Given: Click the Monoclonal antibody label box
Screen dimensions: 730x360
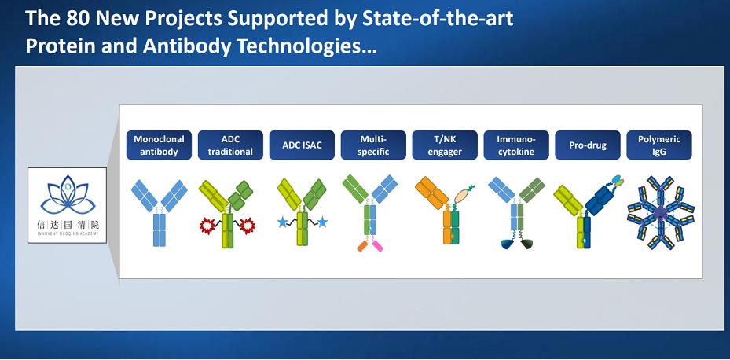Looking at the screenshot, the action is (x=159, y=145).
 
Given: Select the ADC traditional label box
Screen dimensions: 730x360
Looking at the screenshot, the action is (x=230, y=145).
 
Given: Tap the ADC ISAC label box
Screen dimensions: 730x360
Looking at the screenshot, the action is (x=302, y=145).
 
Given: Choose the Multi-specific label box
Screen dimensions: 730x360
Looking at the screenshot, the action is (x=373, y=145).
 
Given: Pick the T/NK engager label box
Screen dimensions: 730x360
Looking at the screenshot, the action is (x=445, y=145).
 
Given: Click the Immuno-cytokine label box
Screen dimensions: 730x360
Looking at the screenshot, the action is (x=516, y=145).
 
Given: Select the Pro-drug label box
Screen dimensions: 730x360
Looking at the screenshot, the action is (x=588, y=145).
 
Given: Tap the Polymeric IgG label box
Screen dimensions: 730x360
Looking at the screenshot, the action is (x=659, y=145).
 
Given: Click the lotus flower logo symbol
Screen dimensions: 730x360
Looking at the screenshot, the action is (x=68, y=195).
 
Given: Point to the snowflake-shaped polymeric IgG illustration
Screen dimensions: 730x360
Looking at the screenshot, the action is (x=661, y=212).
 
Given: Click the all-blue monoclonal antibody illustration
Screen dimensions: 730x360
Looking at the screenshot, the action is (x=160, y=213).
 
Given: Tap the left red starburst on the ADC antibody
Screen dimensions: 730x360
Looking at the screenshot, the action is (x=207, y=226).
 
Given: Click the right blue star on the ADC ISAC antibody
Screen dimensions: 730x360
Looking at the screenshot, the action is (x=322, y=222).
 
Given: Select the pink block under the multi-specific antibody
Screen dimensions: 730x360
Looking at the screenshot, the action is (x=377, y=245).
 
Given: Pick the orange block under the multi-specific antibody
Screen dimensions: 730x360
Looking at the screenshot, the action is (x=363, y=246).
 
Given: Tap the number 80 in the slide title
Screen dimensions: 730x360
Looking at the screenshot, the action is (x=78, y=18).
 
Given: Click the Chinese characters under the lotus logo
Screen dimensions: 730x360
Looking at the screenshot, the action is (x=68, y=226).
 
